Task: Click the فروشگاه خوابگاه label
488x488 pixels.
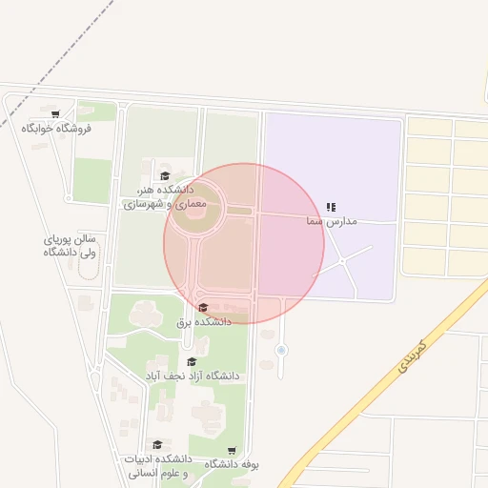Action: click(56, 129)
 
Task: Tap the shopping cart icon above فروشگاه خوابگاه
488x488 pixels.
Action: click(56, 114)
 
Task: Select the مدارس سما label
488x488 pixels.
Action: click(331, 221)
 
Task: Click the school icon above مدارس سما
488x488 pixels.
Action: click(331, 207)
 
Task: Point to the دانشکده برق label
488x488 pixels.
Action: click(204, 322)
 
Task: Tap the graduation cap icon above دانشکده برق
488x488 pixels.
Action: click(203, 308)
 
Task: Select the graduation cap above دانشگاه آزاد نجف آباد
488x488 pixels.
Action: click(192, 362)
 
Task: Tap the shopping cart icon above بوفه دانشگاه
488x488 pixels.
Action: click(232, 450)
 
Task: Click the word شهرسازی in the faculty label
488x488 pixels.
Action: click(144, 204)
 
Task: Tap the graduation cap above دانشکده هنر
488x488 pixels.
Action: click(164, 175)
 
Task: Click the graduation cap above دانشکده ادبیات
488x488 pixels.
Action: click(157, 445)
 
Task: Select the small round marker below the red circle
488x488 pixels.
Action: click(281, 351)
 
